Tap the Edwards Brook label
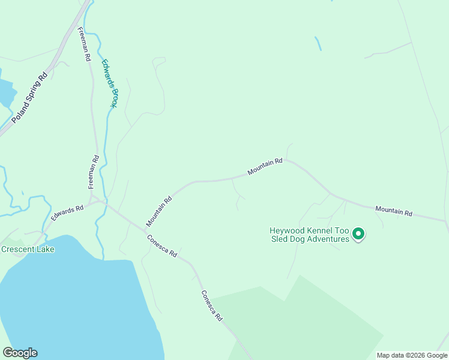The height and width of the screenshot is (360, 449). point(109,83)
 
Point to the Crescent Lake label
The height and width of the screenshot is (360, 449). point(28,249)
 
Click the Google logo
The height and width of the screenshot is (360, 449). point(20,353)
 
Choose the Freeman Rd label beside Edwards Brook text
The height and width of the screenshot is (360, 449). point(85,45)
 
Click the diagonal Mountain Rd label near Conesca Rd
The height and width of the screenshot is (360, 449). point(158,211)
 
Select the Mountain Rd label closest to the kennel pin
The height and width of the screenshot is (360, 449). point(394,211)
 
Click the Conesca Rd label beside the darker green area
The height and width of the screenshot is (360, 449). point(211,306)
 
